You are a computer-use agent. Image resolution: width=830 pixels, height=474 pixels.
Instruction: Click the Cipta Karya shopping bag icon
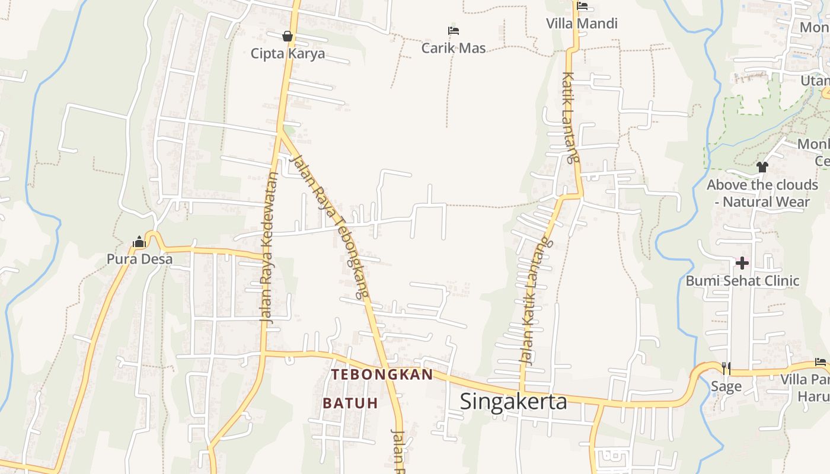(288, 36)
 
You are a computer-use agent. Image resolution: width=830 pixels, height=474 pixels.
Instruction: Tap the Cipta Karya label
(288, 53)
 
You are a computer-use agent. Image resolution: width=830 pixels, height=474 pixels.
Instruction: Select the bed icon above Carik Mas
(454, 30)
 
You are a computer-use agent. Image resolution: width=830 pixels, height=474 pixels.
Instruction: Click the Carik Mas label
(454, 48)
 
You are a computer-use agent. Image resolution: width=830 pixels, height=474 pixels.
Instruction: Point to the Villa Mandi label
(582, 24)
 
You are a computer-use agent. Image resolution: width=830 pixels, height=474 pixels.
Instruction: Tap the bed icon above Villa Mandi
(582, 7)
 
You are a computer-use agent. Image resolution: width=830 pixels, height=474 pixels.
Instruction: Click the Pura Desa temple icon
(139, 242)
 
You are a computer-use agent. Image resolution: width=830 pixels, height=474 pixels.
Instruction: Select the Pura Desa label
(139, 259)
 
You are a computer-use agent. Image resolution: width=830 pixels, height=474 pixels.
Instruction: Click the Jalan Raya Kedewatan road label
(269, 248)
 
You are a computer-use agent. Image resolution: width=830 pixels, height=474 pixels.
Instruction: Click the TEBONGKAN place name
(382, 374)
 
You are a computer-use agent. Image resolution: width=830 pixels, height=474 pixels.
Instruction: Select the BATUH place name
(350, 403)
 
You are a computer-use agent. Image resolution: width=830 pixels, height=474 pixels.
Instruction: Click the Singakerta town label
(513, 401)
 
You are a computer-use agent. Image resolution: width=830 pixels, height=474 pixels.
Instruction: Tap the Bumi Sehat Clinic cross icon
(742, 262)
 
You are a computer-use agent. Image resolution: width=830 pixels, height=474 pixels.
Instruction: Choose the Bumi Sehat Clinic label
(742, 280)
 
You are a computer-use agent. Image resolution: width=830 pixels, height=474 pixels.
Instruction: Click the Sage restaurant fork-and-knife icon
(726, 369)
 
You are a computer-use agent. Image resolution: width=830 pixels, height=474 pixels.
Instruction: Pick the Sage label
(726, 387)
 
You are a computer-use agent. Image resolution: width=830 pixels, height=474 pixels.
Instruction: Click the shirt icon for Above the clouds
(762, 167)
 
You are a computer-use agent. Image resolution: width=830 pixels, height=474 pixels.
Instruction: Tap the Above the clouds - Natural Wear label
(762, 193)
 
